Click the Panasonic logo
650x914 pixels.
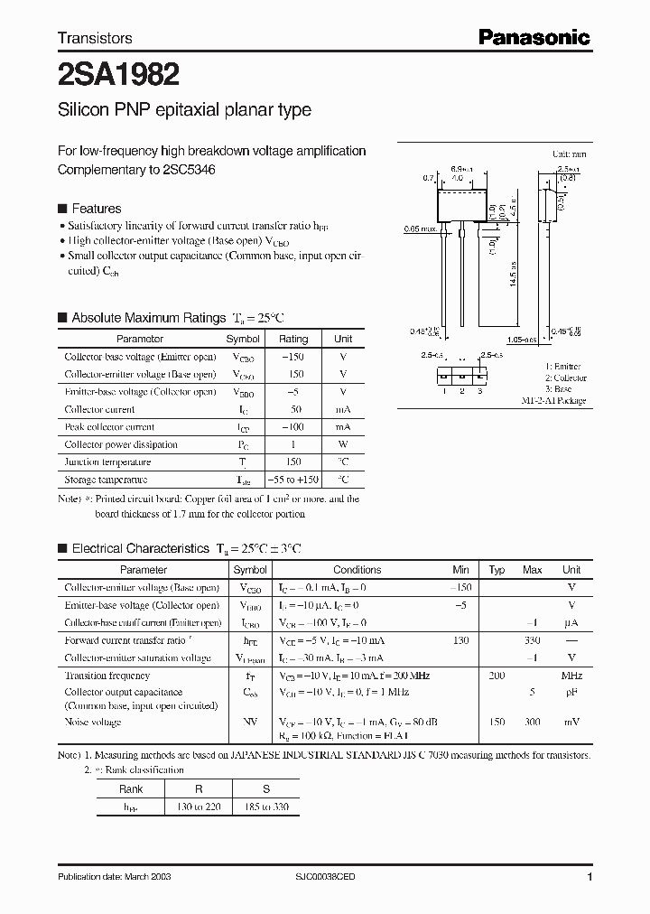click(x=534, y=37)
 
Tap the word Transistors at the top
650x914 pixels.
click(x=95, y=38)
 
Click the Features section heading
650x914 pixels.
click(x=97, y=208)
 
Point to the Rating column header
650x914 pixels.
click(x=293, y=339)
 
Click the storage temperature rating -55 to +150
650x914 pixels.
click(x=293, y=480)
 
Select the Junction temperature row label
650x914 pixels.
click(x=107, y=462)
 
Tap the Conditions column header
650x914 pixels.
click(x=357, y=570)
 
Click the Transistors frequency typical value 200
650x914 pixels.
click(x=497, y=676)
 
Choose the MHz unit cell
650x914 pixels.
click(x=571, y=676)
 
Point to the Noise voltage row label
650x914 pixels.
click(x=93, y=722)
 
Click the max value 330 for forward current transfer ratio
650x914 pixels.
click(x=533, y=640)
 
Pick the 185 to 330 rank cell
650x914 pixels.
click(x=266, y=806)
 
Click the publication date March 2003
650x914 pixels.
click(x=114, y=877)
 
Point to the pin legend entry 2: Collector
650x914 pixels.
click(x=565, y=378)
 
